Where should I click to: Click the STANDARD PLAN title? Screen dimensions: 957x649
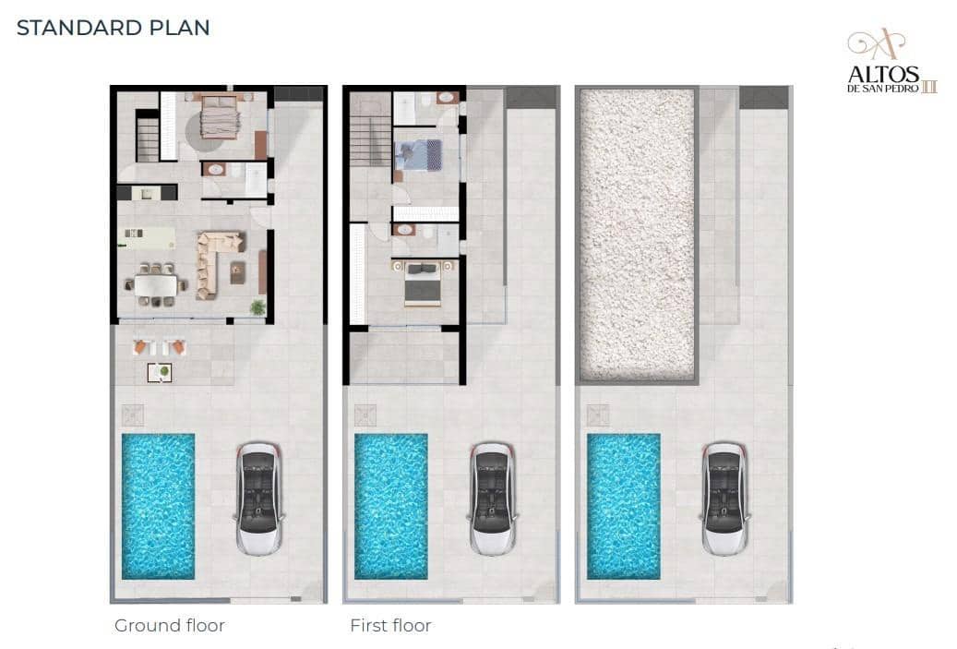[113, 28]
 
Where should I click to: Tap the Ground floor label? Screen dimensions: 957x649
[170, 625]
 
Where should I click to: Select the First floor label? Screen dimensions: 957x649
[390, 625]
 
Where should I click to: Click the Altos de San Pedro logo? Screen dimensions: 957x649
[891, 61]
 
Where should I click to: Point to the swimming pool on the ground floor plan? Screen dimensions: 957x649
[158, 506]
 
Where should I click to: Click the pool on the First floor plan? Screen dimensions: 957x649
[391, 506]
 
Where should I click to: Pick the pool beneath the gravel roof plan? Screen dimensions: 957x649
[624, 506]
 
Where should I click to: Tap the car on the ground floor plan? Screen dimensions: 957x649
[259, 499]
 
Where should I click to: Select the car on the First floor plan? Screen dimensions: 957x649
[493, 499]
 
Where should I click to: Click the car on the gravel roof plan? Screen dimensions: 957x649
[725, 499]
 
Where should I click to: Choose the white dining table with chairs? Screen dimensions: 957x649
[156, 284]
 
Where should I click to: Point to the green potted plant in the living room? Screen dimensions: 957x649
[258, 307]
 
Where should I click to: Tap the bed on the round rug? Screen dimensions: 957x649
[219, 116]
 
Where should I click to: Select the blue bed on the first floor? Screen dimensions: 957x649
[418, 154]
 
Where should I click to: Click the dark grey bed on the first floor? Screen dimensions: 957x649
[423, 283]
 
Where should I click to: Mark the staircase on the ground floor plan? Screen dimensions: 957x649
[147, 139]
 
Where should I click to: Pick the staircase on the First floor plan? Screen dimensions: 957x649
[370, 140]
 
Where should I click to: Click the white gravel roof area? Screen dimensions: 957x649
[637, 234]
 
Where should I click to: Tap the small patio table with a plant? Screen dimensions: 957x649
[160, 372]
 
